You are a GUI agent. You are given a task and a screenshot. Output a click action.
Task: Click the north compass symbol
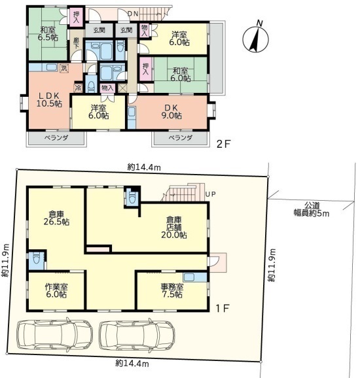256,39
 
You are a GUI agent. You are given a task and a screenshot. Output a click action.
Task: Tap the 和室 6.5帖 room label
48,34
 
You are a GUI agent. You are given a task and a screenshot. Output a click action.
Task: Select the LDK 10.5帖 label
49,99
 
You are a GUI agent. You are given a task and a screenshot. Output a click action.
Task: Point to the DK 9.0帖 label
171,112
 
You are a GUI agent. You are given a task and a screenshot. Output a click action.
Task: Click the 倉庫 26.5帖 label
56,218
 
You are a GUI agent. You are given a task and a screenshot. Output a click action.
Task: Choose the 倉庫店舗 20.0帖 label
174,228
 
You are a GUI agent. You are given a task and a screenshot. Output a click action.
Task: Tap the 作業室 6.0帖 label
56,290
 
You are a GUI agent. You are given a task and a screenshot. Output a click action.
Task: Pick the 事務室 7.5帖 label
172,290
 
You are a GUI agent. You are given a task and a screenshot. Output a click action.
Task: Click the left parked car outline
54,335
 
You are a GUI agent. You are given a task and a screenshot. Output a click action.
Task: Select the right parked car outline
137,335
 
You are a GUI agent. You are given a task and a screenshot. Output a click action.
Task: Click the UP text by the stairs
210,194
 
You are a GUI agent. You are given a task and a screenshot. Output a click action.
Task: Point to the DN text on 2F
133,14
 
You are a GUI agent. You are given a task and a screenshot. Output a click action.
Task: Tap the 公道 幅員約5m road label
312,209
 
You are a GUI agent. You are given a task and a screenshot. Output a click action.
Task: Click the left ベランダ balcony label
56,138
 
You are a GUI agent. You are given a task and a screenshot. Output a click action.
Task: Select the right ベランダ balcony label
181,138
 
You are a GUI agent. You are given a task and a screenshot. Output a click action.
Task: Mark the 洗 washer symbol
64,68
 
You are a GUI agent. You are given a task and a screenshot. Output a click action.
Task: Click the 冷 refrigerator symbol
78,88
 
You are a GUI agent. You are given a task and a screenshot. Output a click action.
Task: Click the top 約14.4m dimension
144,167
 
